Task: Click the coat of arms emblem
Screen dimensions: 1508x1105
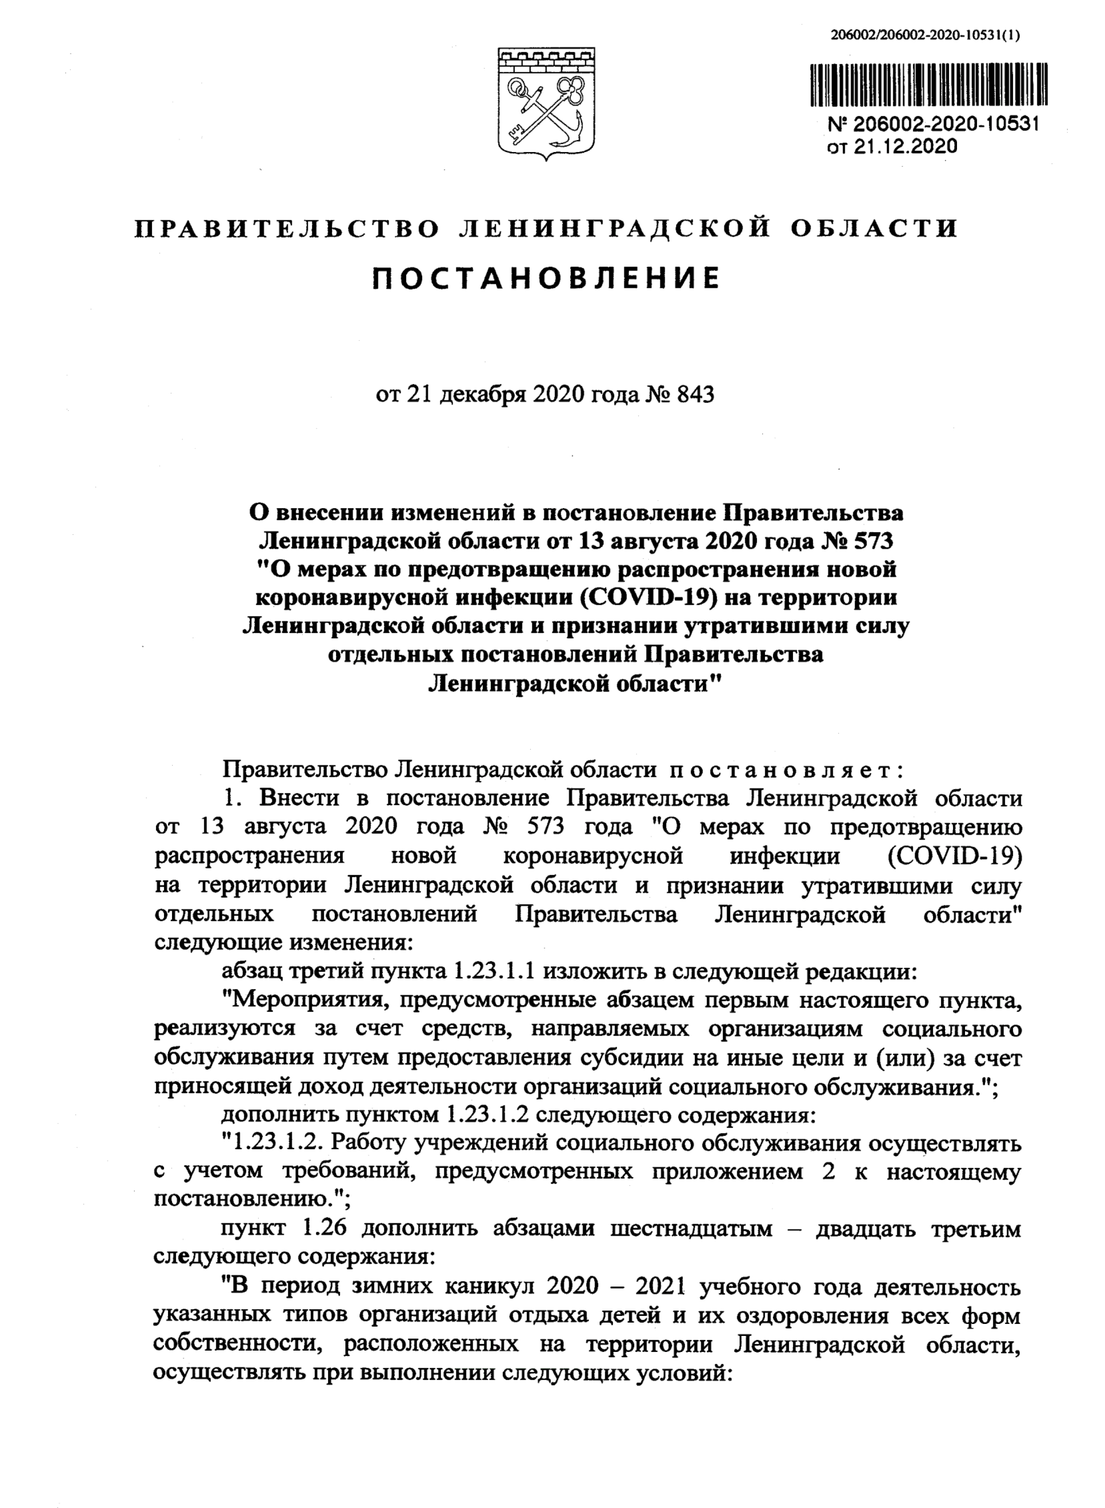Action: pos(546,104)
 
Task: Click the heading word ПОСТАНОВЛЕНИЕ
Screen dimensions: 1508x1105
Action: pos(546,278)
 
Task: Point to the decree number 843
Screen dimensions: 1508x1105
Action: pos(696,394)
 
